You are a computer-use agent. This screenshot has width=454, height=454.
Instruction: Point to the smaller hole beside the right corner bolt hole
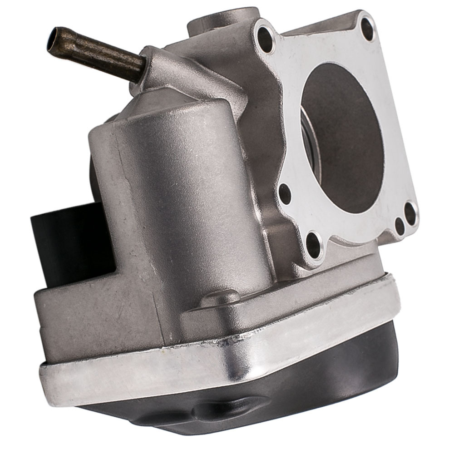point(399,226)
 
